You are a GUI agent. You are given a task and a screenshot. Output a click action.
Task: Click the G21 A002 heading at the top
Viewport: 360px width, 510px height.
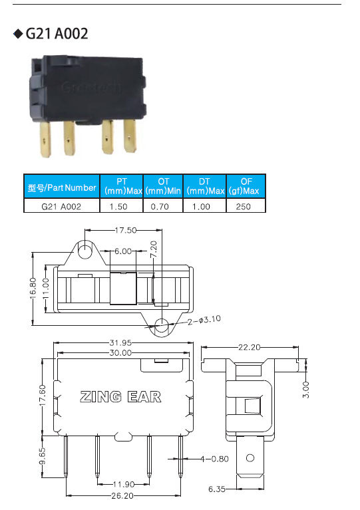[x=57, y=33]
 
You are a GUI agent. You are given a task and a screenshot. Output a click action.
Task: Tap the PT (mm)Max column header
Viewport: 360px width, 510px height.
[x=121, y=186]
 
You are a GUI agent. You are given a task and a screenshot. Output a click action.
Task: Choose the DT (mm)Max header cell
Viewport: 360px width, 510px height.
[x=205, y=186]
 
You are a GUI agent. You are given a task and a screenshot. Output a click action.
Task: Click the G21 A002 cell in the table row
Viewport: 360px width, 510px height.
[x=61, y=207]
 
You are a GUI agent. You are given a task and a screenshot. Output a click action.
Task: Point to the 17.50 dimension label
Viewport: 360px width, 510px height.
[x=126, y=230]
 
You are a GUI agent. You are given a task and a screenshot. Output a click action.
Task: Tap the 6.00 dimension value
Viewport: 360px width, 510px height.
[x=123, y=251]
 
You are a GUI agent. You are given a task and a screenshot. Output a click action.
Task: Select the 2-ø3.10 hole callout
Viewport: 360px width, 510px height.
[x=204, y=320]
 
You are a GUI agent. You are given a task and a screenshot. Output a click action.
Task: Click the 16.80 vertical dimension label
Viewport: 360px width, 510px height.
[x=33, y=289]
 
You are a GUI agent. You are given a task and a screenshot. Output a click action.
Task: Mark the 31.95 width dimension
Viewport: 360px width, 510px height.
[x=120, y=343]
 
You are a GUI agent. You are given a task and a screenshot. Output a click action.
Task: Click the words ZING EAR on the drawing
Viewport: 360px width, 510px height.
[x=120, y=397]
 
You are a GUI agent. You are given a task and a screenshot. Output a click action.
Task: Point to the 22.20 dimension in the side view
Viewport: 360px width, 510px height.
[x=250, y=347]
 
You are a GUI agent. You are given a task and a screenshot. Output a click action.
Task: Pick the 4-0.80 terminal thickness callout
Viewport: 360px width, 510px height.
[x=214, y=459]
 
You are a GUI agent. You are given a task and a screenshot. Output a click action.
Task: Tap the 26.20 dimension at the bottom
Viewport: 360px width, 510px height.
[x=122, y=495]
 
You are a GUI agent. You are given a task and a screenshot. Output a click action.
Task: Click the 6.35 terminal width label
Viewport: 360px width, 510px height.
[x=217, y=489]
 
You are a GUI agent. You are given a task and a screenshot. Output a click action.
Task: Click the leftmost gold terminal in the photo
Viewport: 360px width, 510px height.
[x=45, y=139]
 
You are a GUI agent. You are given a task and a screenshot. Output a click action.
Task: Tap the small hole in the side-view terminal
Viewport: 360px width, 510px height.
[x=250, y=458]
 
